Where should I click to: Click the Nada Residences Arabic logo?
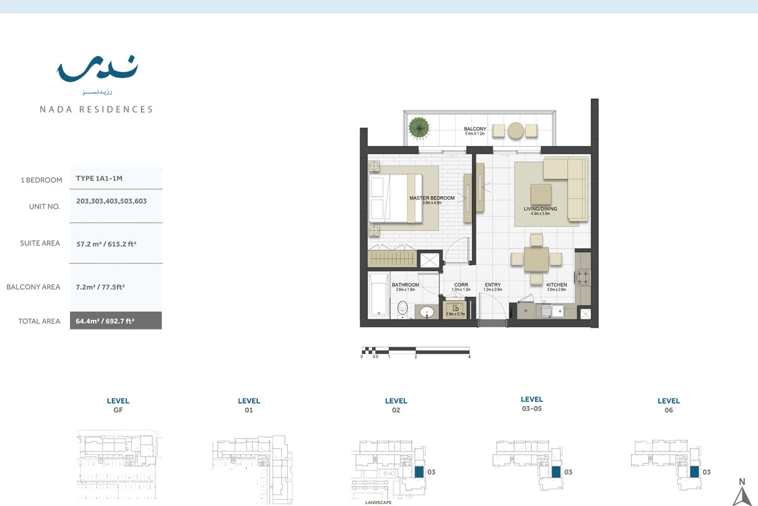[x=97, y=70]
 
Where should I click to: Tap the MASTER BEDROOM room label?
[x=432, y=198]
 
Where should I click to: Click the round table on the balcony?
[x=516, y=131]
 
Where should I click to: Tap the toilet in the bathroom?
[x=402, y=310]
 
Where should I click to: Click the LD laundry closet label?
[x=455, y=309]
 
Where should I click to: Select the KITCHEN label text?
[x=556, y=285]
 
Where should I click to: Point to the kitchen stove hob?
[x=582, y=277]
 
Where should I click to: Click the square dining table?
[x=536, y=259]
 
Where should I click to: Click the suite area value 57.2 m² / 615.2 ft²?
[x=105, y=243]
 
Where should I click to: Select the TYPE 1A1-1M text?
[x=99, y=178]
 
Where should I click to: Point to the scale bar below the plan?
[x=415, y=350]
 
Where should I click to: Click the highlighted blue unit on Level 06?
[x=694, y=471]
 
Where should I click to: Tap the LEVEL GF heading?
[x=118, y=405]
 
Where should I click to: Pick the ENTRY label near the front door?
[x=493, y=285]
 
